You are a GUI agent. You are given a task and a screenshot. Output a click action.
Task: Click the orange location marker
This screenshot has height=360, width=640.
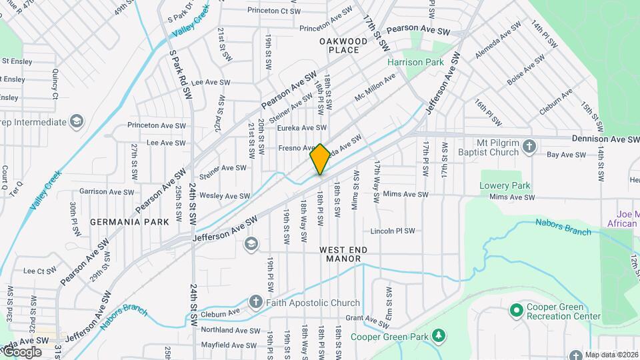[x=320, y=159]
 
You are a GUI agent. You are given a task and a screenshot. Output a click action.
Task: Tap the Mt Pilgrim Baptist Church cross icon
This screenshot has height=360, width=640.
[x=529, y=146]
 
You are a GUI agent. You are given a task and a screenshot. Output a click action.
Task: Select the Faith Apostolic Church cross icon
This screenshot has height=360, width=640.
[x=255, y=303]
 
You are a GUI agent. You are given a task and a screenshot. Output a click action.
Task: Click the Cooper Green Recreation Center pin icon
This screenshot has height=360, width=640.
[x=515, y=310]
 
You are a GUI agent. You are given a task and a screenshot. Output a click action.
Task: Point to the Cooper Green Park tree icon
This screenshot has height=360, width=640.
[x=439, y=334]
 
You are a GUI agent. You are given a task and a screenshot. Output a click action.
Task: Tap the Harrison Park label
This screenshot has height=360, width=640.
[x=415, y=62]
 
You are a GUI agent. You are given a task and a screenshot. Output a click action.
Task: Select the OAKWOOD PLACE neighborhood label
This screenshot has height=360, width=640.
[x=343, y=45]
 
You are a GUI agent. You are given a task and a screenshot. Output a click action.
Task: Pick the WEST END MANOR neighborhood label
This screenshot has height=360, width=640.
[x=343, y=254]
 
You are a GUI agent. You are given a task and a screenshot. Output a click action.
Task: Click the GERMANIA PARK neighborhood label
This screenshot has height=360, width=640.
[x=129, y=221]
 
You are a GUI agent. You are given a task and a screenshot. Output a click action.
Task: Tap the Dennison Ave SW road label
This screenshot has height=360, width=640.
[x=605, y=139]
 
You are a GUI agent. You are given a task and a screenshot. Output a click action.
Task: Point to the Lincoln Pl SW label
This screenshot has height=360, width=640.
[x=393, y=231]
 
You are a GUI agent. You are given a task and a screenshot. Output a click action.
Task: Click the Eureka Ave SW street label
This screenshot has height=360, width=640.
[x=302, y=127]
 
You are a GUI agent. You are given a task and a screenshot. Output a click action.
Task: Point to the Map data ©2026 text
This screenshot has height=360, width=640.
[x=611, y=355]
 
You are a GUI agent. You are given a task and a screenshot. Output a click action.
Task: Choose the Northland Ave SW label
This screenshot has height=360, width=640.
[x=230, y=330]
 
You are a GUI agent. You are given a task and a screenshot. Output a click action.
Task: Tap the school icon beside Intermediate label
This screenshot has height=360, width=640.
[x=77, y=121]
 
